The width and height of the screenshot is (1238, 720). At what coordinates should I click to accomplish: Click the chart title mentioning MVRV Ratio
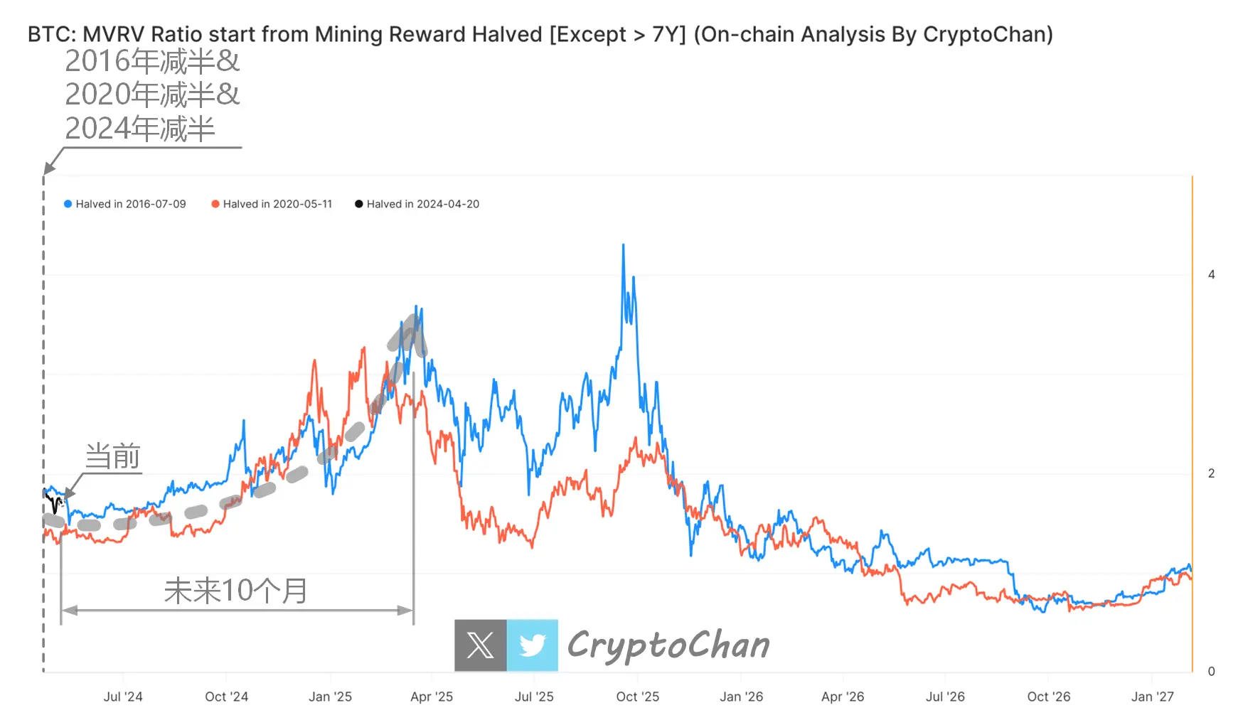(x=540, y=34)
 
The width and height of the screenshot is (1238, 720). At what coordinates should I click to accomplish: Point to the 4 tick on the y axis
(x=1211, y=274)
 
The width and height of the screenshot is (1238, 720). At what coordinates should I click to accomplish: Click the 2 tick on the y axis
(x=1211, y=473)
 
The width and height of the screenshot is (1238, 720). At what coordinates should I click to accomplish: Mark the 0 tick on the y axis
(x=1211, y=672)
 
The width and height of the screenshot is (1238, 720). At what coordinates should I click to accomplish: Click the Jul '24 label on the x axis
(x=123, y=697)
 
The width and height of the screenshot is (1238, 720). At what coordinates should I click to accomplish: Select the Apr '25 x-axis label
(x=432, y=697)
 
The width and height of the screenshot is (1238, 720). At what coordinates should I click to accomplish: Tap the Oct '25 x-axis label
(x=638, y=697)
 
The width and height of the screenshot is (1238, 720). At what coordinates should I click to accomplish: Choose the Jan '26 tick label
(x=741, y=697)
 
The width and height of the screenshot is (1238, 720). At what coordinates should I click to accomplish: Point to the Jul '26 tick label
(x=945, y=697)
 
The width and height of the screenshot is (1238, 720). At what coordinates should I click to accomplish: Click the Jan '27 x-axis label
(x=1152, y=697)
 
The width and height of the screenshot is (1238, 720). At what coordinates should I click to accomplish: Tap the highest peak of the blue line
(x=624, y=245)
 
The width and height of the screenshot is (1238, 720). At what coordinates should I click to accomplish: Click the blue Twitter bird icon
(x=533, y=645)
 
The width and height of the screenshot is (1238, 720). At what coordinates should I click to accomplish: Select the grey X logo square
(x=481, y=645)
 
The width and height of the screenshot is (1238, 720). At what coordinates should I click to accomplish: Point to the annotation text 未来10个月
(x=236, y=591)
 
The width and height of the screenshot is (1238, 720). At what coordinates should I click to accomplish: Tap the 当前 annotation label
(x=112, y=456)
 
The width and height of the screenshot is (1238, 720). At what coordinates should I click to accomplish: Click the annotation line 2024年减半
(x=140, y=129)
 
